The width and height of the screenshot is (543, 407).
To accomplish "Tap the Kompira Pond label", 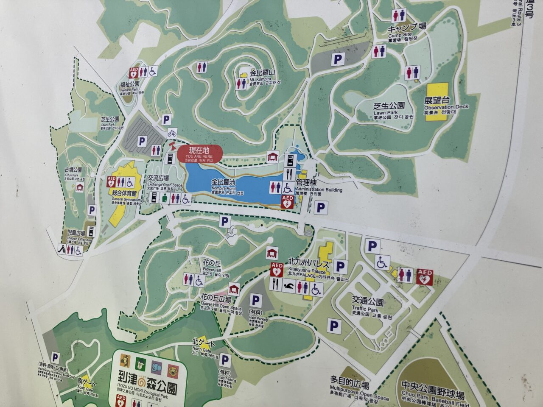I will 224,184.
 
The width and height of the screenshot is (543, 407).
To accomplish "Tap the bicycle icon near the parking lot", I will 172,133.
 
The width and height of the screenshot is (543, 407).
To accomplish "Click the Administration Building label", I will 318,186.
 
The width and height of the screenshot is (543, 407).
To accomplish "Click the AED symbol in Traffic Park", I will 424,276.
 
